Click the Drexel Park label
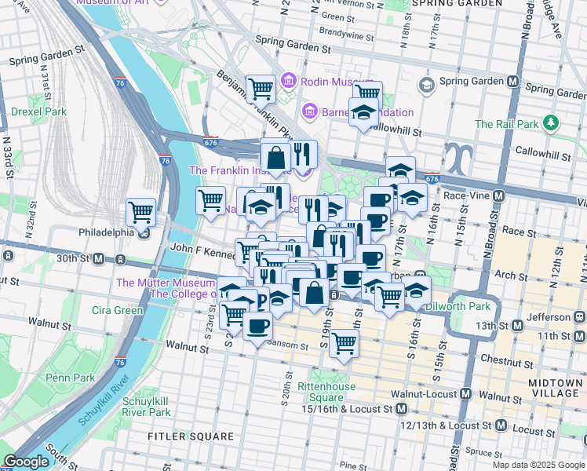[x=38, y=111]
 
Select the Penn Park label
[x=70, y=378]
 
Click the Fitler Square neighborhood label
[x=191, y=436]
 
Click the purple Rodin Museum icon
[x=288, y=81]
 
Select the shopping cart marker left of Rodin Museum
[x=261, y=88]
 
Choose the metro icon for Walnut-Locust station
[x=466, y=394]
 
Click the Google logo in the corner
[x=27, y=462]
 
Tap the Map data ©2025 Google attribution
[x=538, y=464]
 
